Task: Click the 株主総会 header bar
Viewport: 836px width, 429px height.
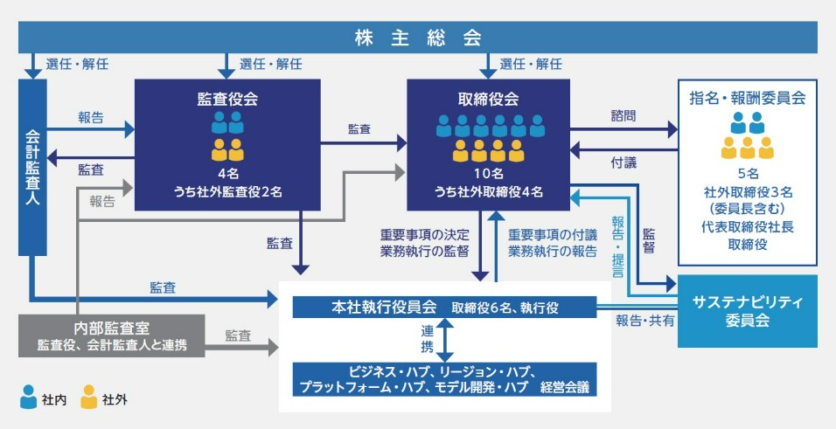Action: point(418,37)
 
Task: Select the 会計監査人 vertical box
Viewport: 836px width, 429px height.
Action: point(32,166)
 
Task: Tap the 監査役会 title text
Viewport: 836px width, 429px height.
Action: point(226,98)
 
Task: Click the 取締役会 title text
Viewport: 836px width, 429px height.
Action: point(488,98)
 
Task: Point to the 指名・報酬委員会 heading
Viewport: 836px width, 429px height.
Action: point(748,98)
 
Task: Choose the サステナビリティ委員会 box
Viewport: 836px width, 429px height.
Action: point(748,311)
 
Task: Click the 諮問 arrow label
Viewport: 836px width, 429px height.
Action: point(624,114)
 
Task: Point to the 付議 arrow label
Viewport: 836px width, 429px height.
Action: point(624,163)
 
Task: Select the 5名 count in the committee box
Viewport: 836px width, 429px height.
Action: point(748,173)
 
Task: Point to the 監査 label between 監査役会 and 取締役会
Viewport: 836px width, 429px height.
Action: point(359,128)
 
